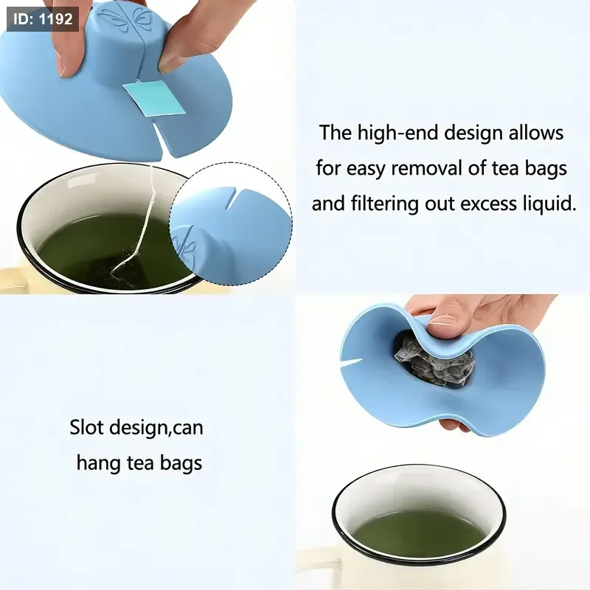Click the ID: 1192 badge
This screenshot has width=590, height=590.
43,18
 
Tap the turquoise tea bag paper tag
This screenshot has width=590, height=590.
154,98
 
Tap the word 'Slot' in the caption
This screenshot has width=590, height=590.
86,428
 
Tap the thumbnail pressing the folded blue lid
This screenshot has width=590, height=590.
443,321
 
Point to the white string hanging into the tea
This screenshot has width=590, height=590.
141,225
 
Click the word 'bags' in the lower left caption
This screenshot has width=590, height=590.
181,464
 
